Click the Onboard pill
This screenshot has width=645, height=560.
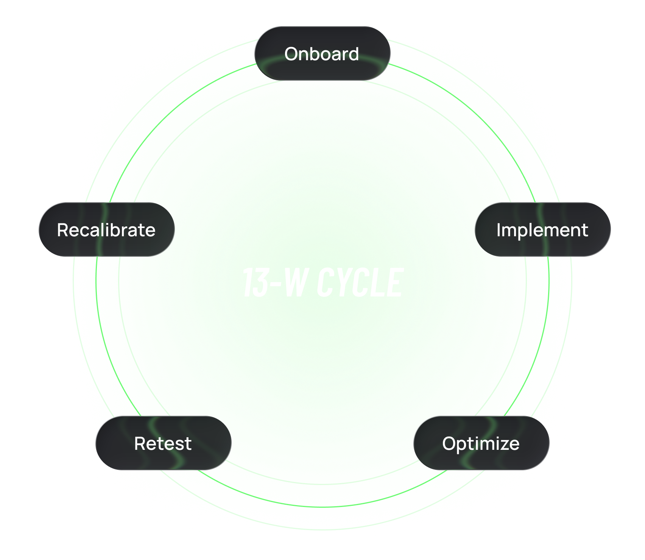click(x=322, y=53)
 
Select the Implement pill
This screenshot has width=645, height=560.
click(x=542, y=229)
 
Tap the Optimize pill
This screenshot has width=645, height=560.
click(x=481, y=443)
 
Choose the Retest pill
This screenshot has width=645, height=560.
click(x=163, y=443)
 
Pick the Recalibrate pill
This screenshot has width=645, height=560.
click(x=106, y=229)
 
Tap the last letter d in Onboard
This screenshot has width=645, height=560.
click(x=353, y=54)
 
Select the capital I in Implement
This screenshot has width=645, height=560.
click(x=499, y=230)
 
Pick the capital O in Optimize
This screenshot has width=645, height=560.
click(x=449, y=443)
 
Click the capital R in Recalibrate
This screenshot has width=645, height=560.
click(x=63, y=230)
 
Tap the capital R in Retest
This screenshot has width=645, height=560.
click(x=140, y=443)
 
